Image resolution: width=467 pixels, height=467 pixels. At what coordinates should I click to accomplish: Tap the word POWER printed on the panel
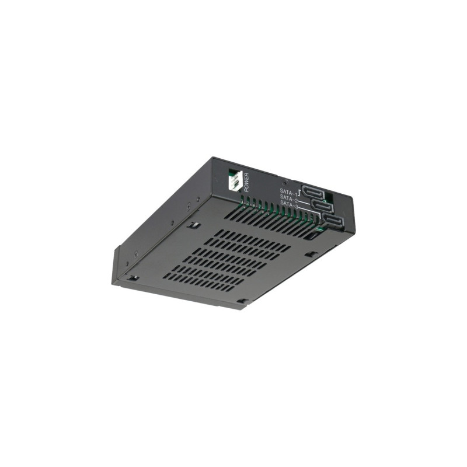[246, 183]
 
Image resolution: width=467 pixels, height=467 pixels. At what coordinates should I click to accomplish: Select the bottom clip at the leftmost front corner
[133, 278]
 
